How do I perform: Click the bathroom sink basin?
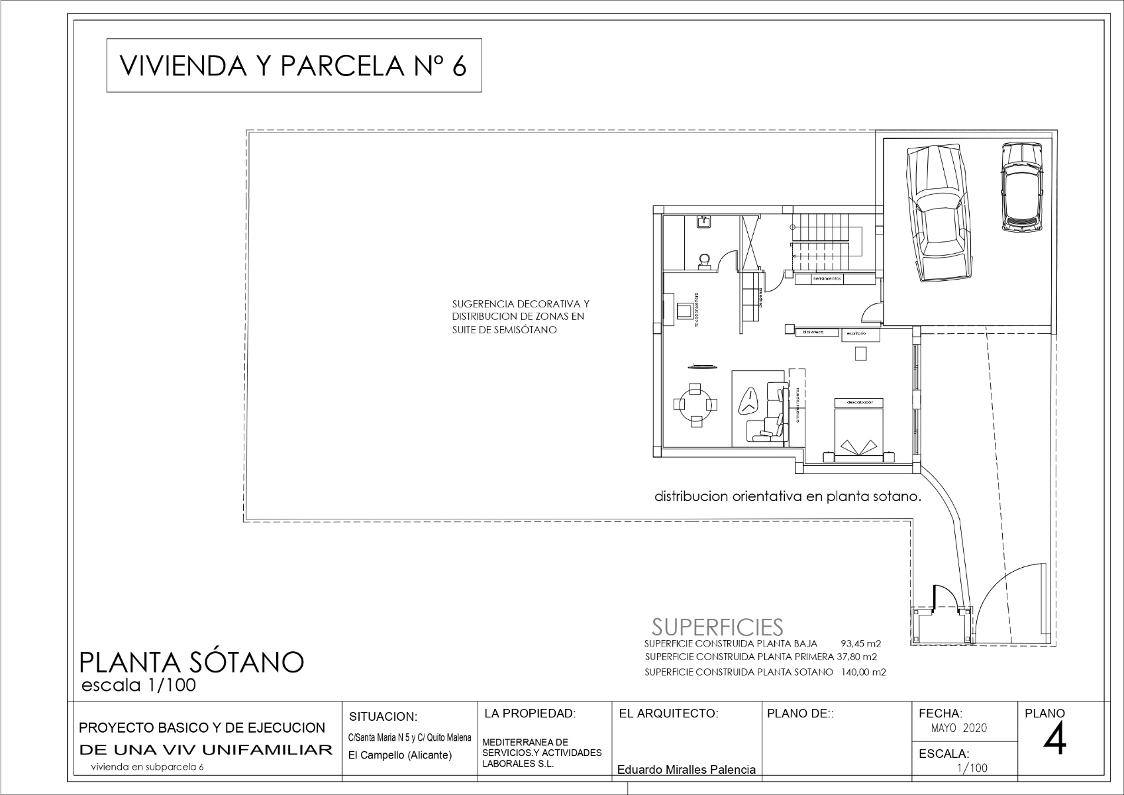[x=705, y=223]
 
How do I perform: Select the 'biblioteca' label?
[x=813, y=332]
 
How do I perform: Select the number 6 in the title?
[x=459, y=66]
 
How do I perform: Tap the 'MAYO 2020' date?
[x=958, y=728]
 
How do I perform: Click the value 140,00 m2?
[x=864, y=672]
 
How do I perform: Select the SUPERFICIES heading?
[x=717, y=627]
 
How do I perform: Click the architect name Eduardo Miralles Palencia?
[x=686, y=770]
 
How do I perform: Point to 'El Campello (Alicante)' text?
[x=400, y=755]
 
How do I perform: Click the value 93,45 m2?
[x=860, y=643]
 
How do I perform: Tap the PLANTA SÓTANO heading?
[x=191, y=662]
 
